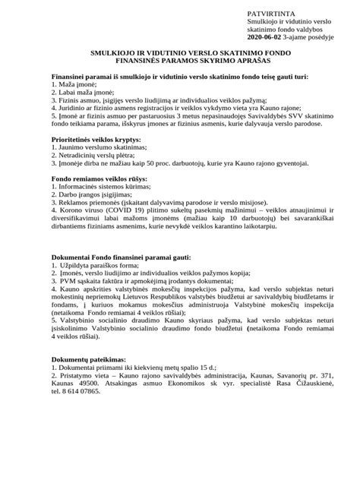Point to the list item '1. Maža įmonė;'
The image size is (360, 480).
(73, 86)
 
